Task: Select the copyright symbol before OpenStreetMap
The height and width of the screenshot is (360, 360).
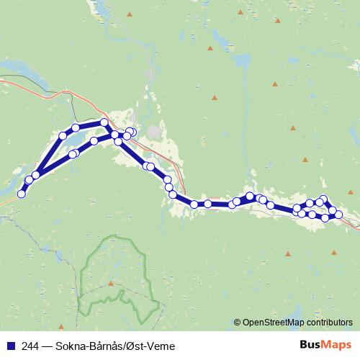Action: pos(237,322)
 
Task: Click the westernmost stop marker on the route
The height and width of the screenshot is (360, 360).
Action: pos(22,193)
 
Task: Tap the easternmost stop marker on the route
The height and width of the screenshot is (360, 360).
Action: pos(338,213)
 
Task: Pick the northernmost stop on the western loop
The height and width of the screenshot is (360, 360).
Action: pos(104,122)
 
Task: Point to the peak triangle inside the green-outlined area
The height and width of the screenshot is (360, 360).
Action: pos(110,283)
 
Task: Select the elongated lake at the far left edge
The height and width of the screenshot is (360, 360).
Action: pos(14,68)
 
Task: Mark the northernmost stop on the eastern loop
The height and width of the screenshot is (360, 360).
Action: pos(323,199)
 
